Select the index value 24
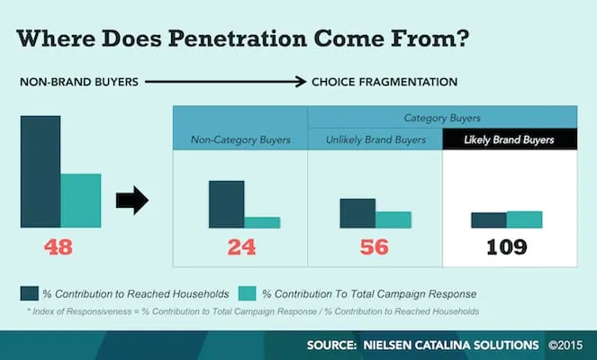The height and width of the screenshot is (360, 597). [x=241, y=247]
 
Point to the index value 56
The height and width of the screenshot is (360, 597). [x=374, y=247]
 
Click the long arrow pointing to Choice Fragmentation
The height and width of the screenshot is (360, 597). [x=225, y=82]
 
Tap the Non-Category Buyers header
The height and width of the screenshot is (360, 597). [x=240, y=139]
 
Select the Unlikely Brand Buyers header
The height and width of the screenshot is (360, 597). [x=375, y=139]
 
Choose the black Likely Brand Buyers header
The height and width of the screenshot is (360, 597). [x=509, y=139]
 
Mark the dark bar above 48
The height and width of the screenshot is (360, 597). [x=41, y=171]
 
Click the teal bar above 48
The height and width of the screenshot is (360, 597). [x=80, y=200]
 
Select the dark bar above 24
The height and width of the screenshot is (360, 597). [x=226, y=204]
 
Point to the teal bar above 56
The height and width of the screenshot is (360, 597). [x=393, y=220]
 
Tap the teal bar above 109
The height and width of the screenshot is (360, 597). [x=524, y=220]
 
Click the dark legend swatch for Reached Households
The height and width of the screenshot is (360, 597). [x=30, y=293]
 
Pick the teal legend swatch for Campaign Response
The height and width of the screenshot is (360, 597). [x=247, y=293]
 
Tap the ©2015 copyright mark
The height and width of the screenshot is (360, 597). [x=569, y=345]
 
